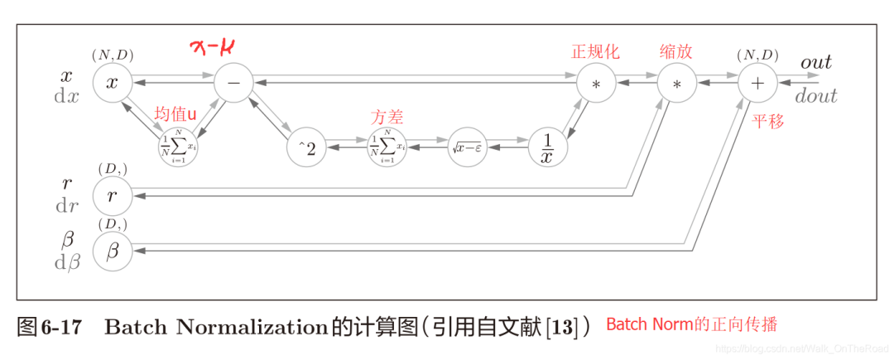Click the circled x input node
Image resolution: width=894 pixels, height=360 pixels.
pos(113,84)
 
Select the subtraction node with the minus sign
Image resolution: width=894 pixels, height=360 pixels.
pos(233,84)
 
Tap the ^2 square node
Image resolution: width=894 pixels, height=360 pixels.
pos(306,149)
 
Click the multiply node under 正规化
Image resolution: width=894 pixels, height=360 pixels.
pos(595,84)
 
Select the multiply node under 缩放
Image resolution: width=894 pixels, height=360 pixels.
pos(676,84)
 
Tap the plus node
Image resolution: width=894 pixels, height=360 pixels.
pos(757,84)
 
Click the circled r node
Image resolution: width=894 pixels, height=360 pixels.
pos(113,196)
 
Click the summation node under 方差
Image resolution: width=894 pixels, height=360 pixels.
pos(387,149)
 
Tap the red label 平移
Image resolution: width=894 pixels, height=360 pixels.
pos(768,122)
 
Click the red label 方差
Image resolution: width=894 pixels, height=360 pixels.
pos(386,118)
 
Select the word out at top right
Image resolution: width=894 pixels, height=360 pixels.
pos(815,63)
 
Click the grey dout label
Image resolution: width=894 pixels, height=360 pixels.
pos(816,96)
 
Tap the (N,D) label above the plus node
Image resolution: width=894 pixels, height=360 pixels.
pos(757,55)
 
